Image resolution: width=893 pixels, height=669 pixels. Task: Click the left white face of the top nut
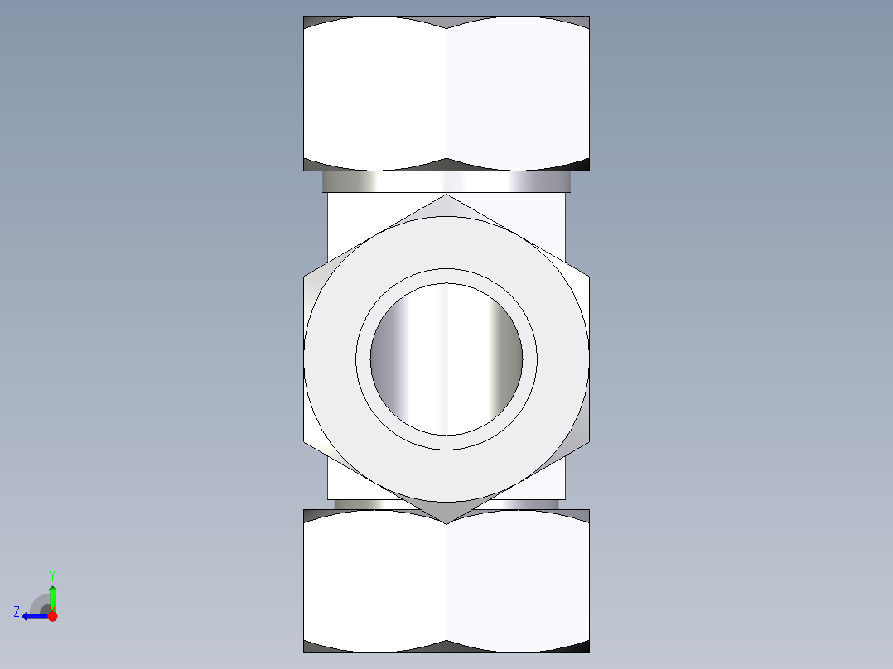[374, 91]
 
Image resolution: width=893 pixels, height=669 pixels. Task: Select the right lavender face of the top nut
[518, 91]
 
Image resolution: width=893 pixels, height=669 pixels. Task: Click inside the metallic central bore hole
[446, 359]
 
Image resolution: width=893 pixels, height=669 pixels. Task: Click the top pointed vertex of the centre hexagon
[446, 195]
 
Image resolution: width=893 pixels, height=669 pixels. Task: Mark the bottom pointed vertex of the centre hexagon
[446, 522]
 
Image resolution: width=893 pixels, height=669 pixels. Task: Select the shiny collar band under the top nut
[446, 181]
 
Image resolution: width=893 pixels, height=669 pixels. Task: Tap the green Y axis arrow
[52, 594]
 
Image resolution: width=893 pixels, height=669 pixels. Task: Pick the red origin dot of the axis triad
[52, 616]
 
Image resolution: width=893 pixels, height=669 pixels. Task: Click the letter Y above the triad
[51, 575]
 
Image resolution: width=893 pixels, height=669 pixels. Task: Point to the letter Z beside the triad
[17, 612]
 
